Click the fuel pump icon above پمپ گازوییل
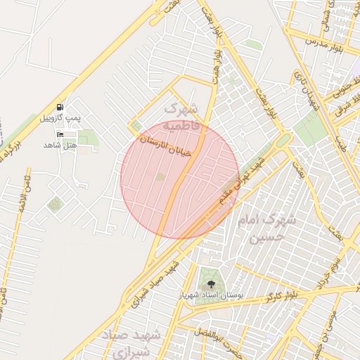(60, 107)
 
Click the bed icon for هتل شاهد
(60, 134)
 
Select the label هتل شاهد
(60, 144)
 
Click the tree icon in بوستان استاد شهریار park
(210, 284)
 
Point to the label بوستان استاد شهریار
(211, 295)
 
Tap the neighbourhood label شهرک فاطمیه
(182, 117)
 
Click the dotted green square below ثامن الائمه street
(55, 205)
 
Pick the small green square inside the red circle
(160, 176)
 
